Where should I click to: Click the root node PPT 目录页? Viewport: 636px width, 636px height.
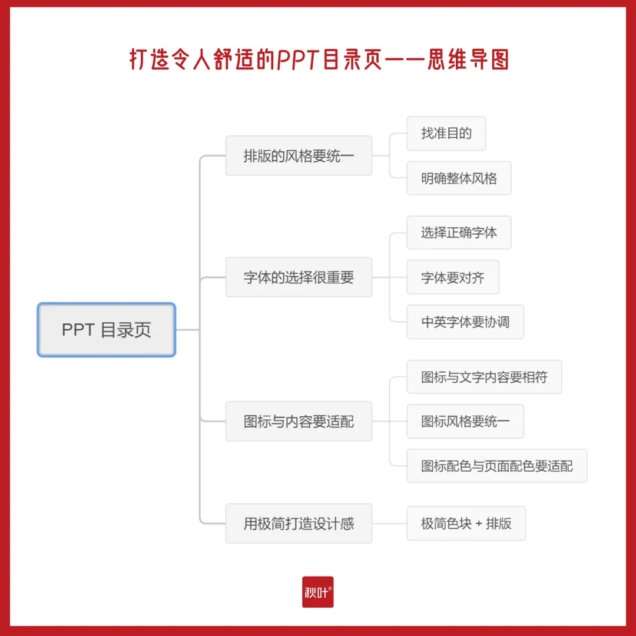[x=107, y=330]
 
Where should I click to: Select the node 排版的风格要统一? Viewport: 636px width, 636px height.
[x=299, y=156]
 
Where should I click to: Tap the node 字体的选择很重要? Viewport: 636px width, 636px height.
[x=299, y=277]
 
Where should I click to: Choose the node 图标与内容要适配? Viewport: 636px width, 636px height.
[x=299, y=422]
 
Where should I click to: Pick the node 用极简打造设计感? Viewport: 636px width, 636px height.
[x=299, y=524]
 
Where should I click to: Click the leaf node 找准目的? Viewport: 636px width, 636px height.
[x=446, y=133]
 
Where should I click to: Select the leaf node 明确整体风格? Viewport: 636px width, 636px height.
[x=459, y=178]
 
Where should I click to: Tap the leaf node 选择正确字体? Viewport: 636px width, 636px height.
[x=459, y=233]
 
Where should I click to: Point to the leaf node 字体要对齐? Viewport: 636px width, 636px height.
[x=452, y=277]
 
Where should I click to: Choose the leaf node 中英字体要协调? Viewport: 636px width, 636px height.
[x=465, y=322]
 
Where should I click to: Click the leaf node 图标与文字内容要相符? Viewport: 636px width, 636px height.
[x=484, y=377]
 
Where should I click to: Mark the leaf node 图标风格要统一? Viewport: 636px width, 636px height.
[x=465, y=422]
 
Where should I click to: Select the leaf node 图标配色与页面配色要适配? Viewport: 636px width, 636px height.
[x=496, y=466]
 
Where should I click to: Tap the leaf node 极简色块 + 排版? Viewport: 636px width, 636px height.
[x=466, y=524]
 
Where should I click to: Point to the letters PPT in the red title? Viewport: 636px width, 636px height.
[x=299, y=59]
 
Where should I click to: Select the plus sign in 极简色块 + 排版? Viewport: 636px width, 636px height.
[x=478, y=524]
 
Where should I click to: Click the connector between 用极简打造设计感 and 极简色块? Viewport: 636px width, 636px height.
[x=389, y=524]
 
